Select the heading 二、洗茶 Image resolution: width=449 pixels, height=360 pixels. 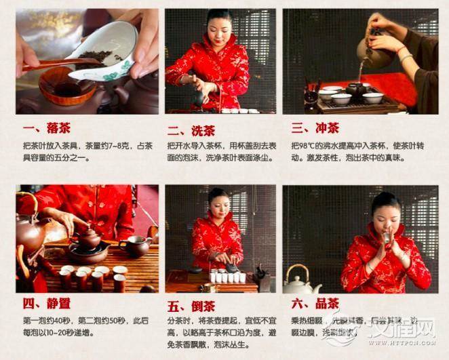(192, 129)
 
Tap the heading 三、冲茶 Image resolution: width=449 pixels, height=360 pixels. (315, 128)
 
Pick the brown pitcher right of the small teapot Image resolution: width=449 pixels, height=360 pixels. (135, 245)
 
